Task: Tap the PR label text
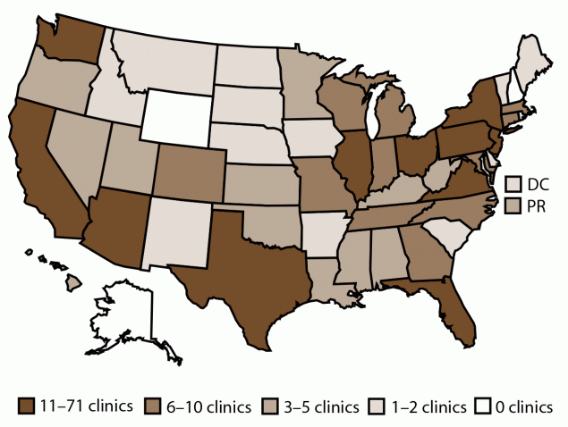[x=538, y=207]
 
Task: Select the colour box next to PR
[x=513, y=207]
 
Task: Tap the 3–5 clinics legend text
[x=317, y=406]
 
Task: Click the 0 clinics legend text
[x=524, y=406]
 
